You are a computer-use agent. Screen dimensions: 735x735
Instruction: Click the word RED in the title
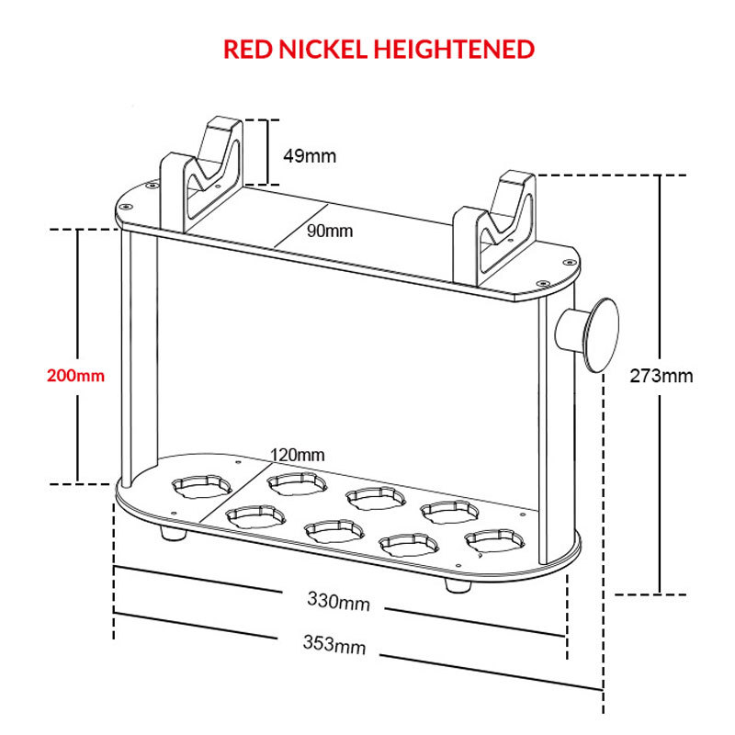click(247, 50)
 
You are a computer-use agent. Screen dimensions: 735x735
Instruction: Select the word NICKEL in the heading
click(322, 50)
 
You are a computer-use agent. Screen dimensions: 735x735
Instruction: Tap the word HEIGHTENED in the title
click(454, 50)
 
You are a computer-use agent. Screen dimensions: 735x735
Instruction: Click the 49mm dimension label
click(310, 156)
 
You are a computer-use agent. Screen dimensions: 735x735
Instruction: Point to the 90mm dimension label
click(330, 231)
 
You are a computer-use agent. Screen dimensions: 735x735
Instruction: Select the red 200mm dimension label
click(75, 376)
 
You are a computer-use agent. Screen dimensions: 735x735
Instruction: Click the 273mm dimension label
click(661, 376)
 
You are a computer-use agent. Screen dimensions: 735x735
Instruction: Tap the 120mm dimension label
click(297, 455)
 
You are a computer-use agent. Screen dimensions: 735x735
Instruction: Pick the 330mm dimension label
click(338, 601)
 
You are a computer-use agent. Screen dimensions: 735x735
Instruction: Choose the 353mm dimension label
click(334, 644)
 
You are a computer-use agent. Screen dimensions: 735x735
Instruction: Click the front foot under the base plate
click(458, 585)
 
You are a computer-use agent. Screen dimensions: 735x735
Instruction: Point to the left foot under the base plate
click(173, 533)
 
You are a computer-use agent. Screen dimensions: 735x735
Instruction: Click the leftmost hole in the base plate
click(202, 488)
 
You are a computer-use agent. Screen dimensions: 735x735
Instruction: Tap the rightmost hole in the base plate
click(495, 541)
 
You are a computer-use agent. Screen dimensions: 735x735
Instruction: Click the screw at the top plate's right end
click(570, 263)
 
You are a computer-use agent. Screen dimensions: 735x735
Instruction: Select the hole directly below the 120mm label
click(297, 484)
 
